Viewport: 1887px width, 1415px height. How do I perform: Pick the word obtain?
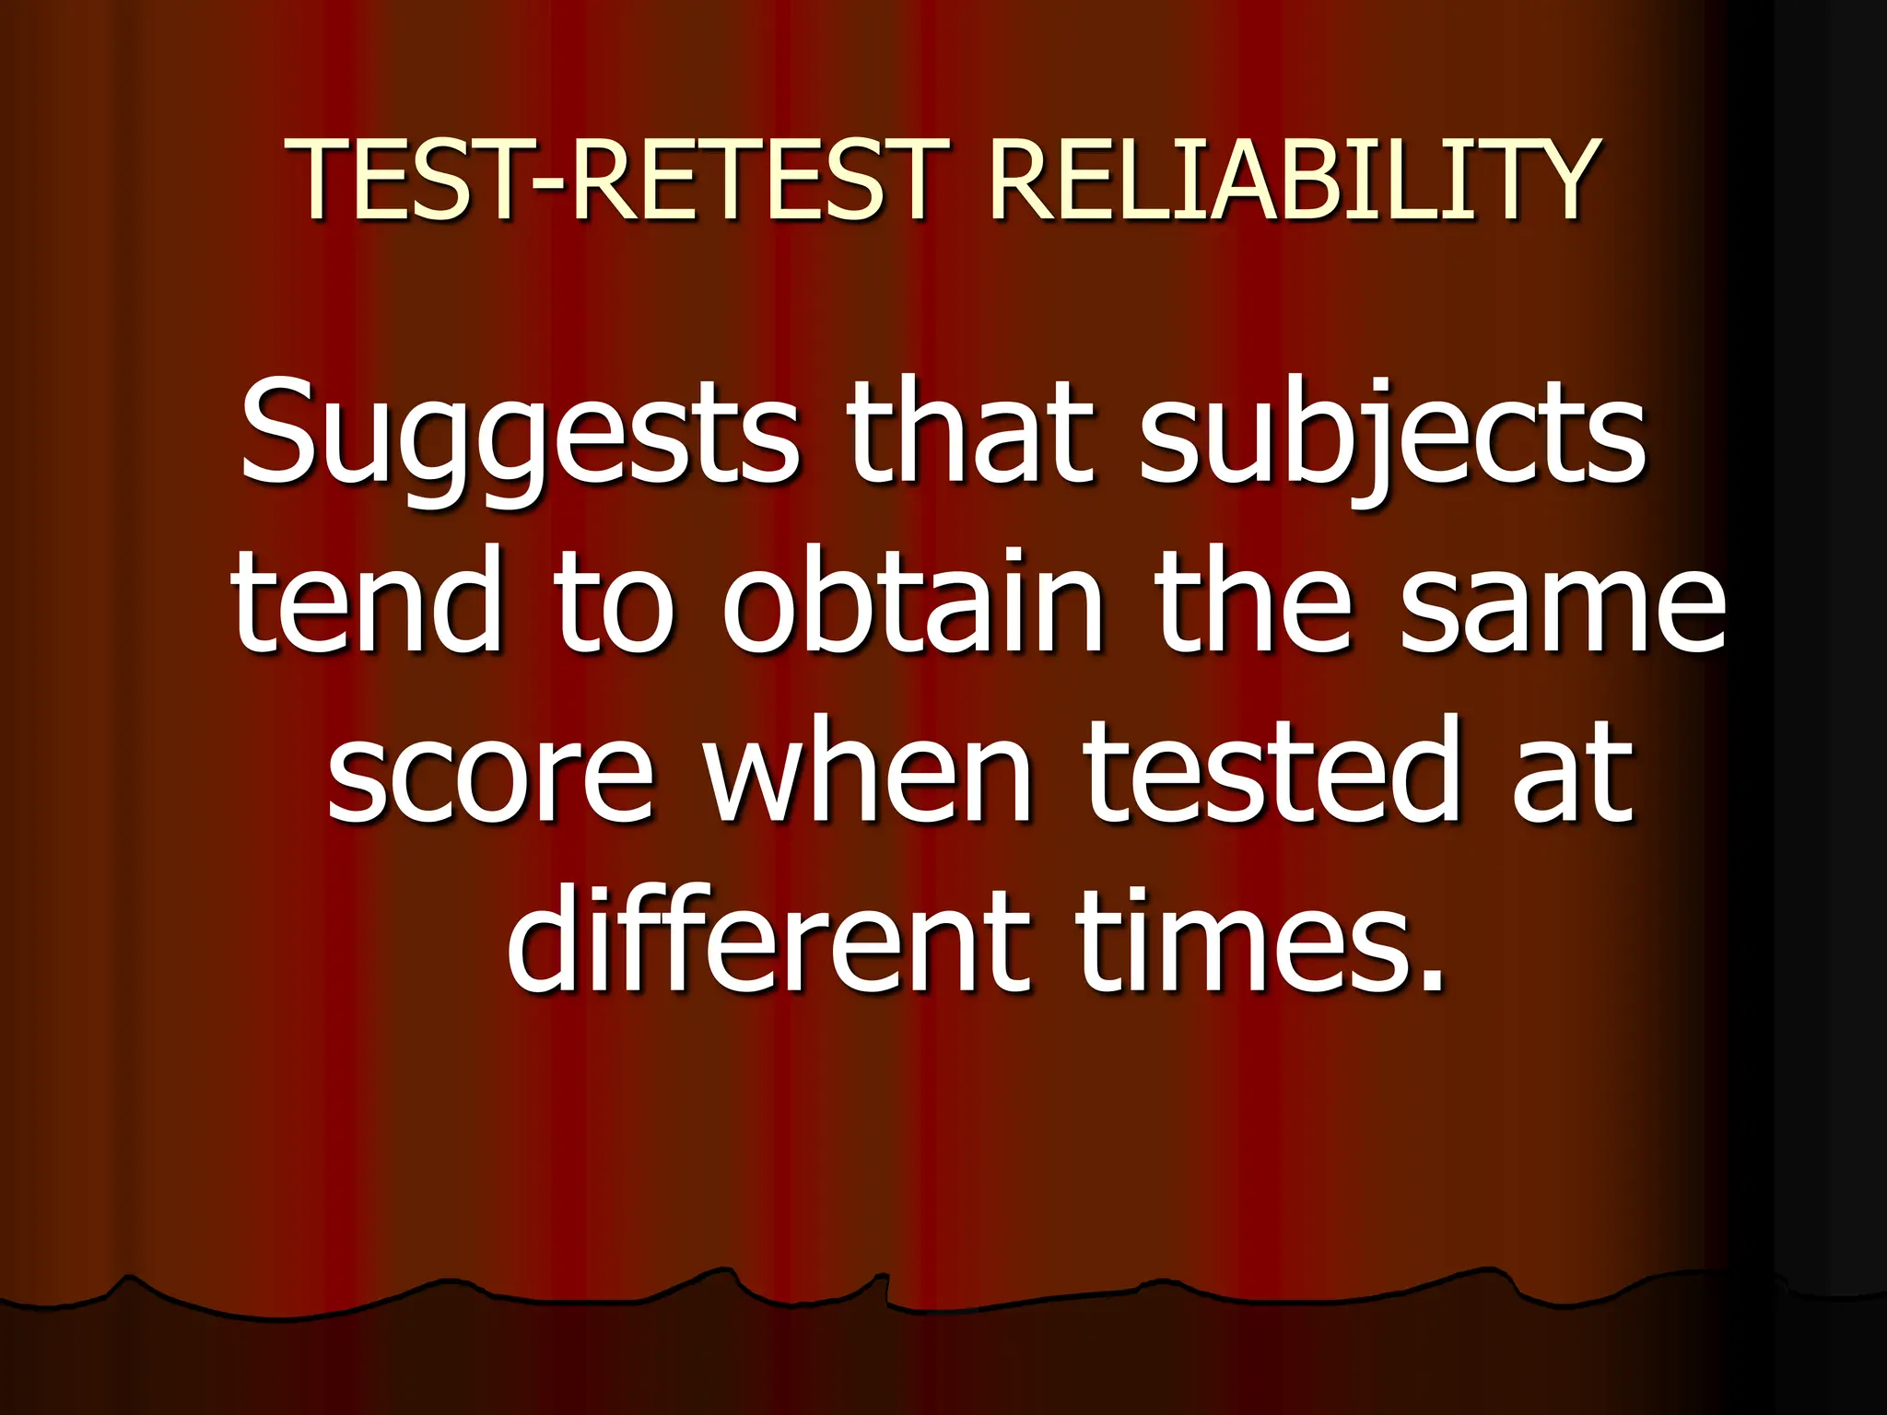click(x=913, y=603)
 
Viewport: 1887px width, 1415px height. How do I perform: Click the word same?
click(x=1563, y=603)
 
